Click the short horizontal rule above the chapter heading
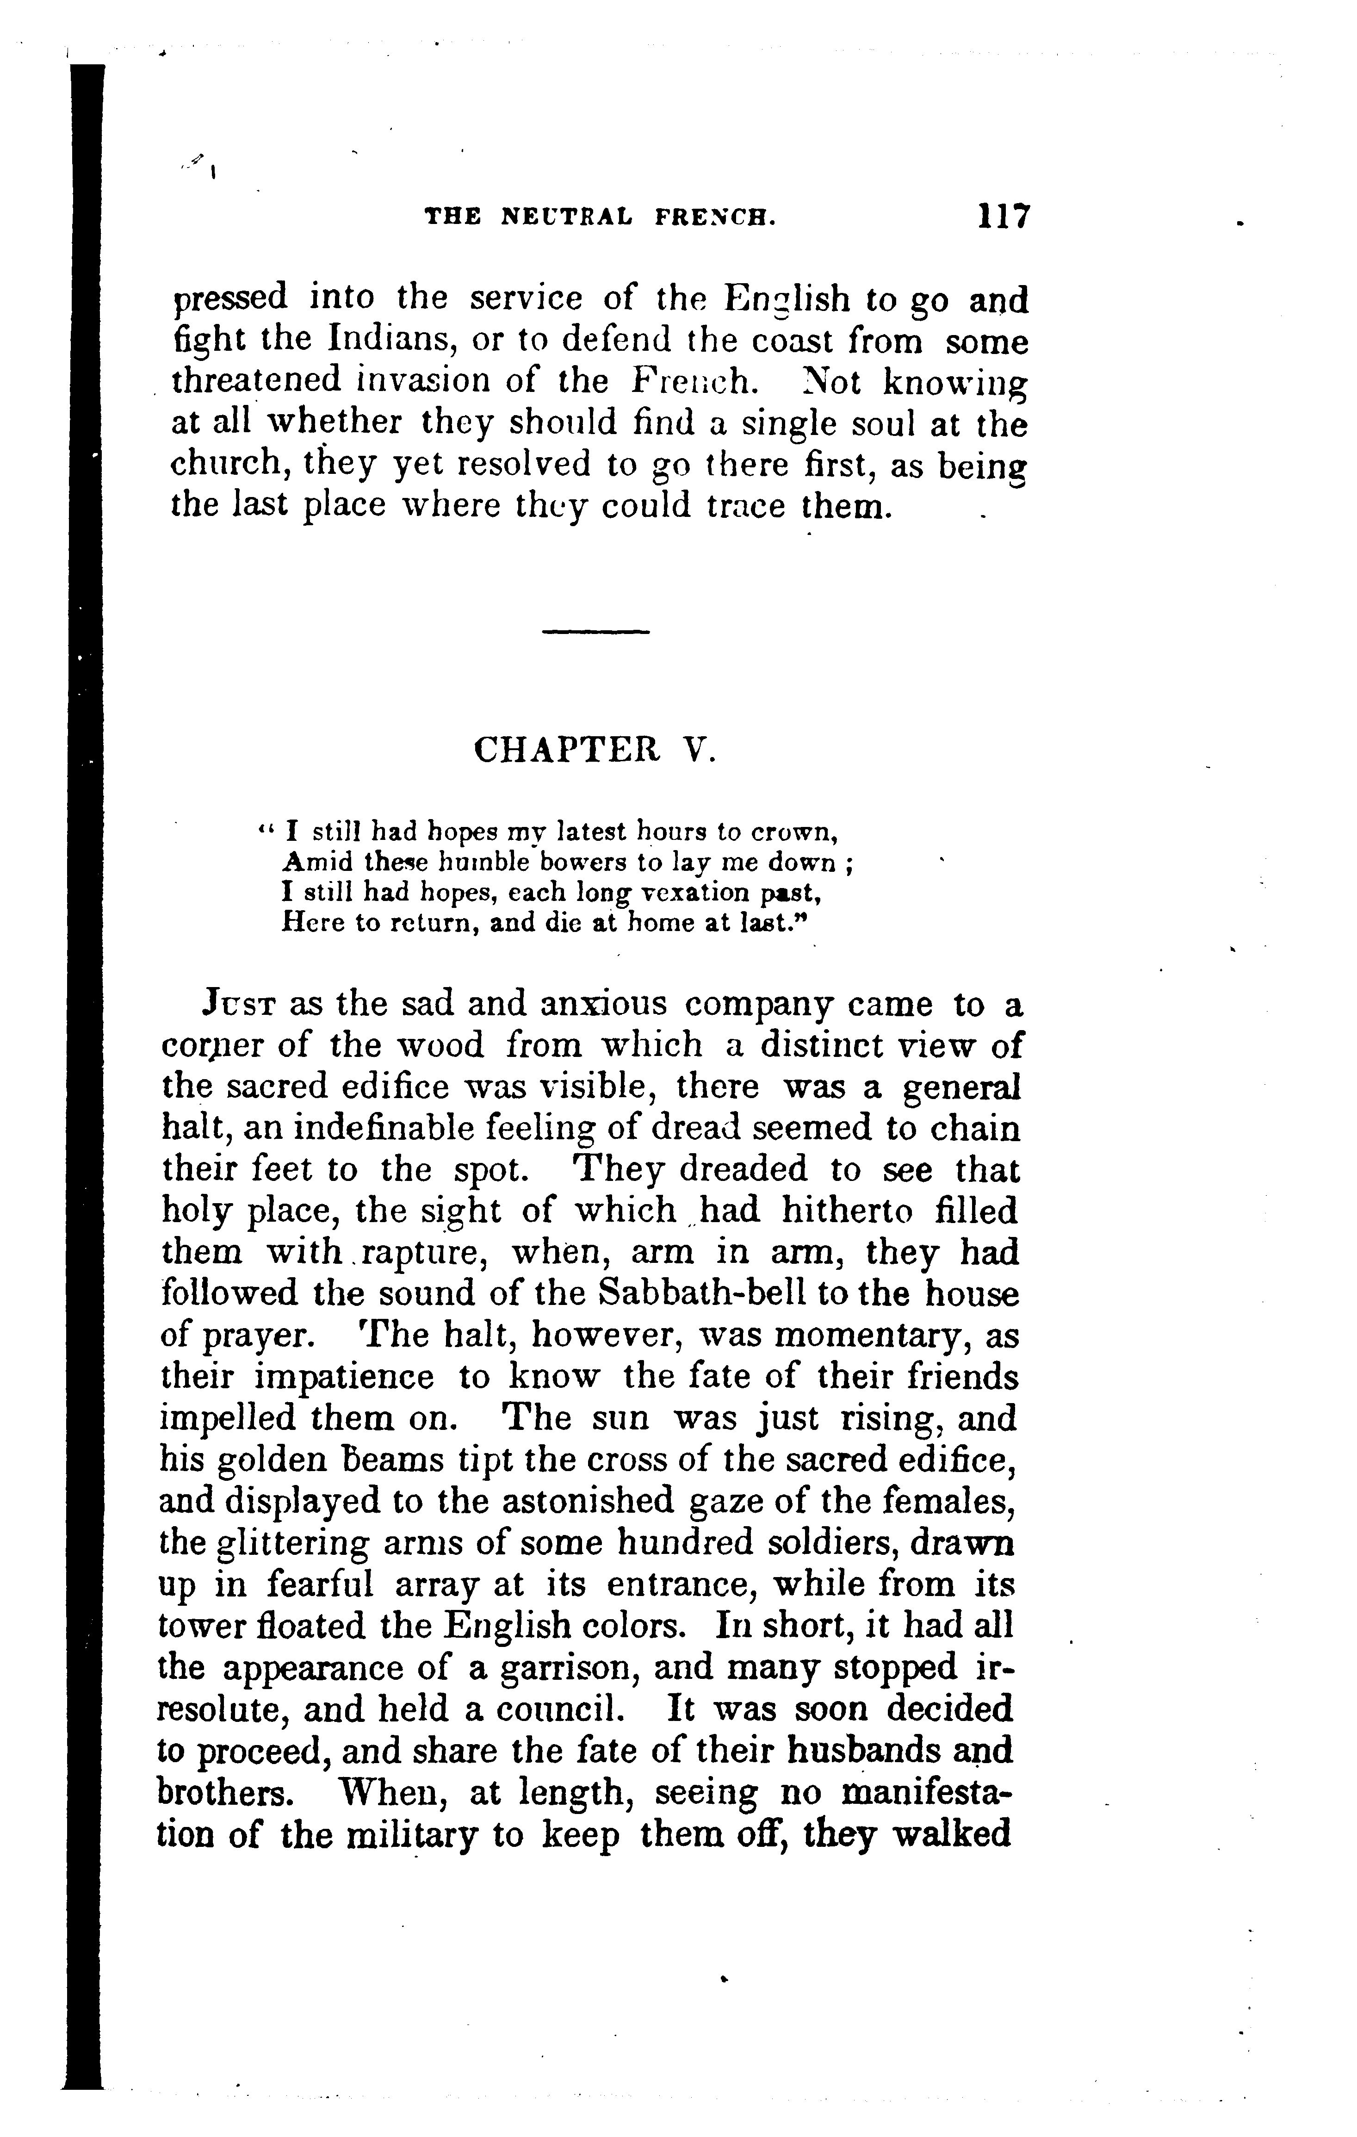(x=595, y=632)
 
